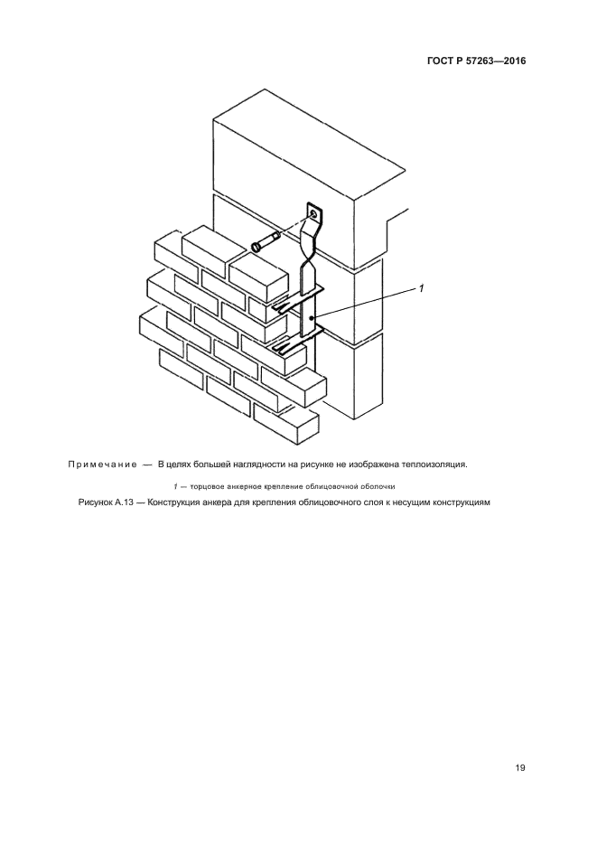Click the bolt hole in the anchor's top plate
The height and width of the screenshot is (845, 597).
tap(312, 214)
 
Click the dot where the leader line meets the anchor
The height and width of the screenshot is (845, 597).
tap(311, 318)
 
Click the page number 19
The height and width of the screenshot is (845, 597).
tap(520, 768)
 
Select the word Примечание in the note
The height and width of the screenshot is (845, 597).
tap(101, 465)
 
